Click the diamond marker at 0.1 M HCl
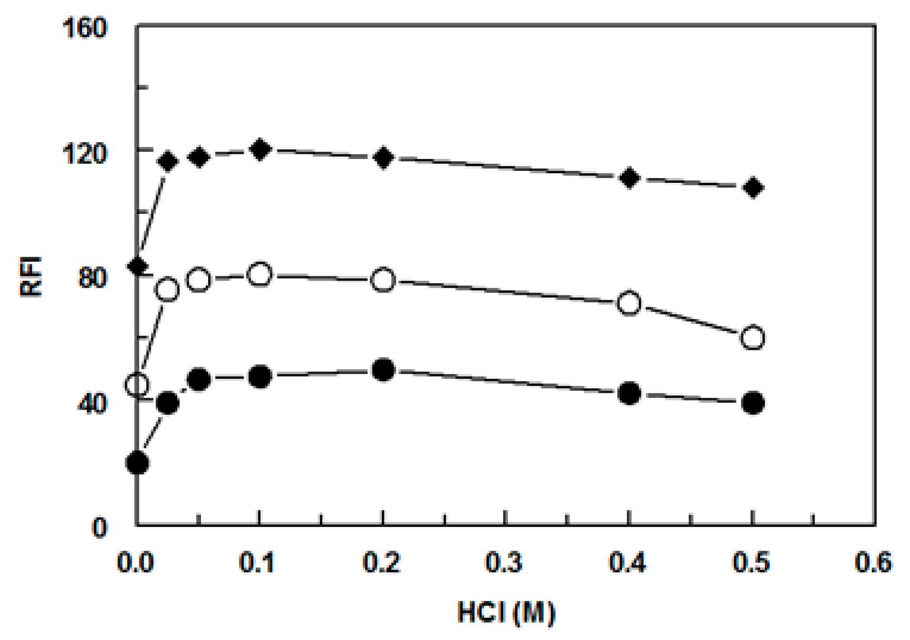click(x=260, y=149)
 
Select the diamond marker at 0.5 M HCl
click(x=753, y=188)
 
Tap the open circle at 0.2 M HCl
click(x=383, y=280)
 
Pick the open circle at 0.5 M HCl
click(x=752, y=338)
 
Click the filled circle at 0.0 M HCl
click(x=138, y=462)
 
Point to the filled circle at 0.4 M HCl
click(x=629, y=393)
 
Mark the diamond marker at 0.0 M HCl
click(x=138, y=266)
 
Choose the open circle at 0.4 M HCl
click(x=629, y=303)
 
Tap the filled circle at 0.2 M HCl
click(x=383, y=370)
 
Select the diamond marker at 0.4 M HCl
click(x=629, y=178)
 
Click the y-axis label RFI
click(x=32, y=277)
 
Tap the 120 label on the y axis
click(x=85, y=154)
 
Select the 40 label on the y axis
click(x=92, y=404)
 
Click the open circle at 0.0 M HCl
click(x=138, y=385)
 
